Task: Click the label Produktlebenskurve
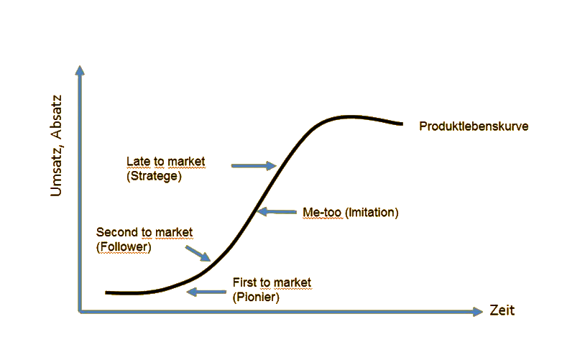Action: [474, 126]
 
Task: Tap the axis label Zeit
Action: [502, 311]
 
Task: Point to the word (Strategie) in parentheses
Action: [154, 175]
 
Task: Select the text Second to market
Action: [144, 232]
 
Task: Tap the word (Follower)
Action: [124, 246]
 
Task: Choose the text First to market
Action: [272, 282]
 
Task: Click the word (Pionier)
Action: [256, 296]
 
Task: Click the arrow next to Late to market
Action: [254, 166]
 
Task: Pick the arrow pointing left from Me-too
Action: [277, 211]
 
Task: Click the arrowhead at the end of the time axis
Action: [478, 311]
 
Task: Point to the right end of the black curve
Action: [402, 124]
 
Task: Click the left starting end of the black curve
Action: [107, 292]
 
